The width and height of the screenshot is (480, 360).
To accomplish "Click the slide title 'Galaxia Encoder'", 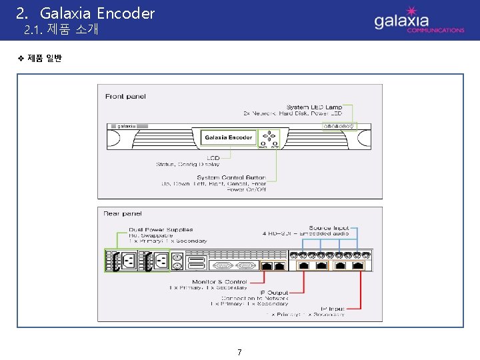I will point(97,13).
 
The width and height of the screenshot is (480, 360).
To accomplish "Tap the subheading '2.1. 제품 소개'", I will point(61,30).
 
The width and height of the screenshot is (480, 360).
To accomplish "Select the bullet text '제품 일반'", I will point(45,59).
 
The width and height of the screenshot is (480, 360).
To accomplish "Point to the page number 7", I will point(239,352).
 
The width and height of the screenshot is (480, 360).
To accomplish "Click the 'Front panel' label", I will point(125,96).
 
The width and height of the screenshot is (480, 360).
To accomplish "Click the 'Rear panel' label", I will point(123,213).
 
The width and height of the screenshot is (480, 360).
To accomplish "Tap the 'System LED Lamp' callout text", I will point(314,107).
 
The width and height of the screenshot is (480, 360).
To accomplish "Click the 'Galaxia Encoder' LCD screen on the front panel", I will point(229,137).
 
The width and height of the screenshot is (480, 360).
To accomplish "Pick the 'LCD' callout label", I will point(213,157).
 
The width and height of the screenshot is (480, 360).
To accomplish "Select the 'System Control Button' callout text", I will point(231,177).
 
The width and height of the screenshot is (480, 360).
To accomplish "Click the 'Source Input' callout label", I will point(329,228).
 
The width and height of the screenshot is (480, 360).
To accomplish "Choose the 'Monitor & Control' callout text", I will point(219,282).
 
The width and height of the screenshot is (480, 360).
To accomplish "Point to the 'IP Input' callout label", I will point(333,308).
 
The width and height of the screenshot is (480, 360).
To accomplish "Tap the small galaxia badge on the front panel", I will point(123,126).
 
